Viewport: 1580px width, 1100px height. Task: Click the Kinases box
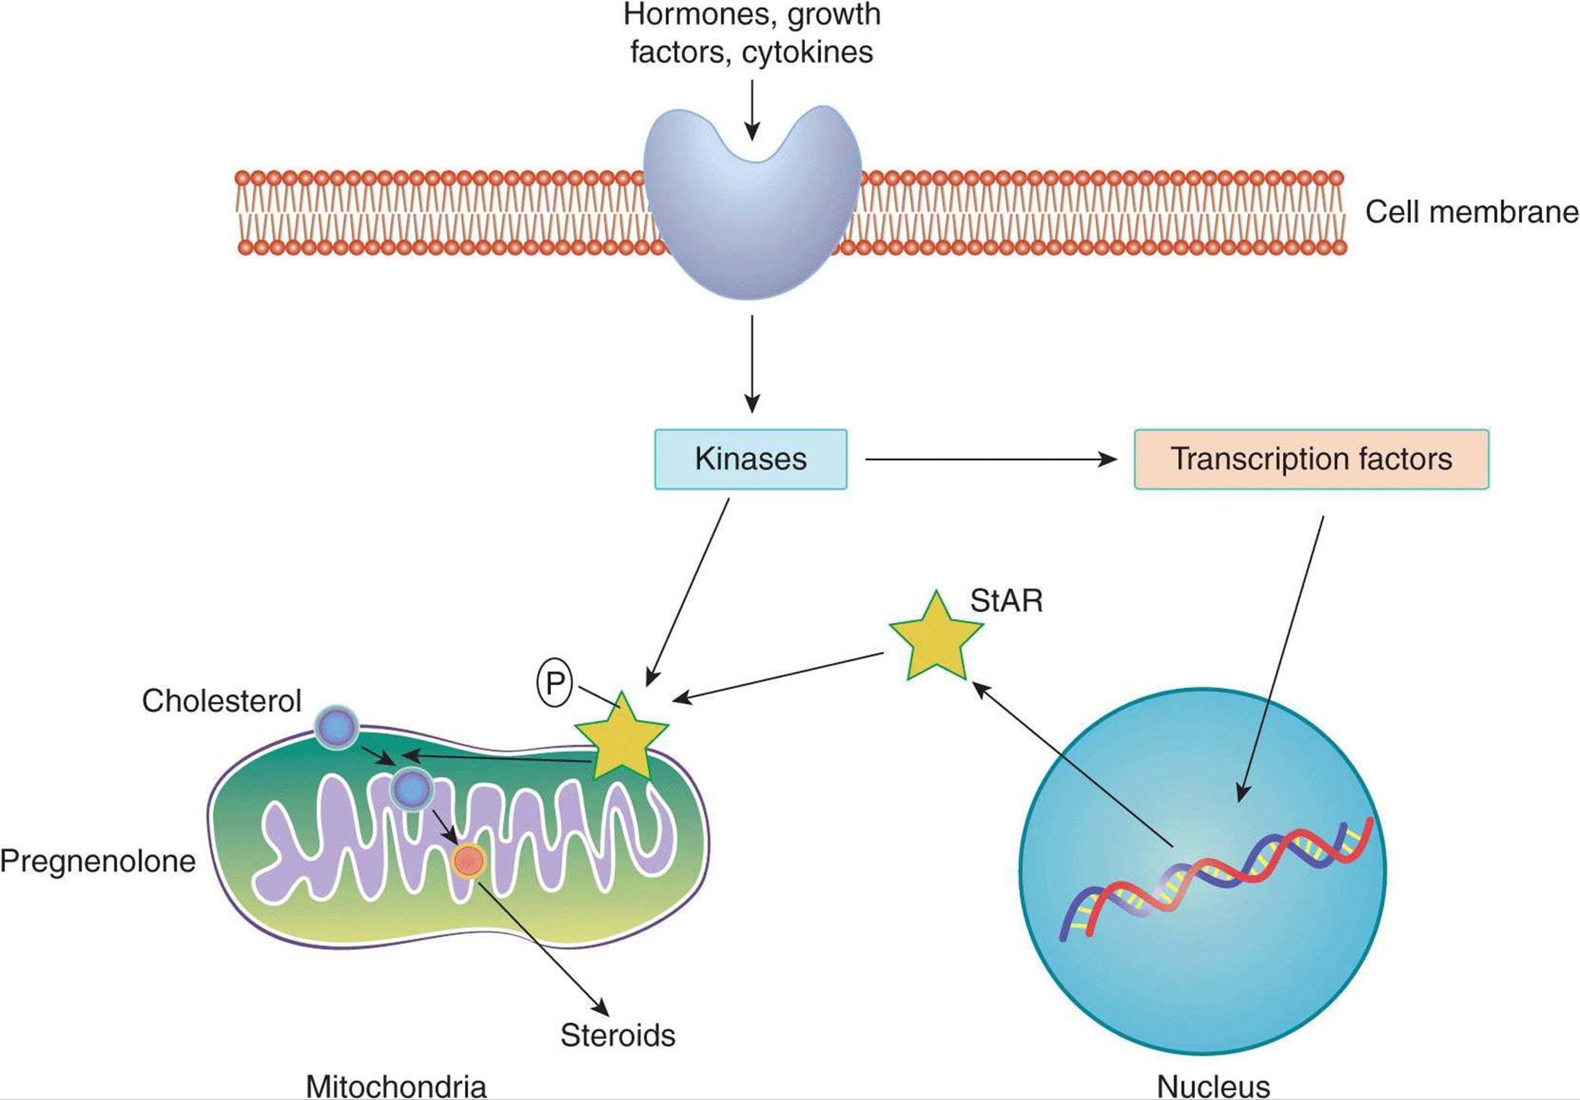(x=750, y=459)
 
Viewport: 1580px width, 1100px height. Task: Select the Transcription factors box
(x=1311, y=459)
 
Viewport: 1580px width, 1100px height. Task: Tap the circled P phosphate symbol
(x=555, y=682)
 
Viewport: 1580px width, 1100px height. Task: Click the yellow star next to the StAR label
(x=935, y=638)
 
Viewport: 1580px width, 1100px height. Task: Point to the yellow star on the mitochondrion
(x=622, y=738)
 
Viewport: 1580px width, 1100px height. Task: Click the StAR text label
(x=1006, y=601)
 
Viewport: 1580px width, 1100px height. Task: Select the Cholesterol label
(x=221, y=701)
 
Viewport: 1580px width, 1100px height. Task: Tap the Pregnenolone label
(x=97, y=862)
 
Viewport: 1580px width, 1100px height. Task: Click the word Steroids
(x=617, y=1035)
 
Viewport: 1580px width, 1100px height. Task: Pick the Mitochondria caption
(x=396, y=1085)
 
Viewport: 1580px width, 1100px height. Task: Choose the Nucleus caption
(x=1213, y=1086)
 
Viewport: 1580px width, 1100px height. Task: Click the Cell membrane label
(x=1471, y=212)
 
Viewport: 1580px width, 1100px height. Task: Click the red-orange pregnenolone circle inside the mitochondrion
(x=469, y=861)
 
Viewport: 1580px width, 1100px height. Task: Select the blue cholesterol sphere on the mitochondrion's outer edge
(x=336, y=727)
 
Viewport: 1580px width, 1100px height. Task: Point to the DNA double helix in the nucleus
(x=1218, y=875)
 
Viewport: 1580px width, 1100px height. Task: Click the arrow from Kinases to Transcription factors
(x=989, y=459)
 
